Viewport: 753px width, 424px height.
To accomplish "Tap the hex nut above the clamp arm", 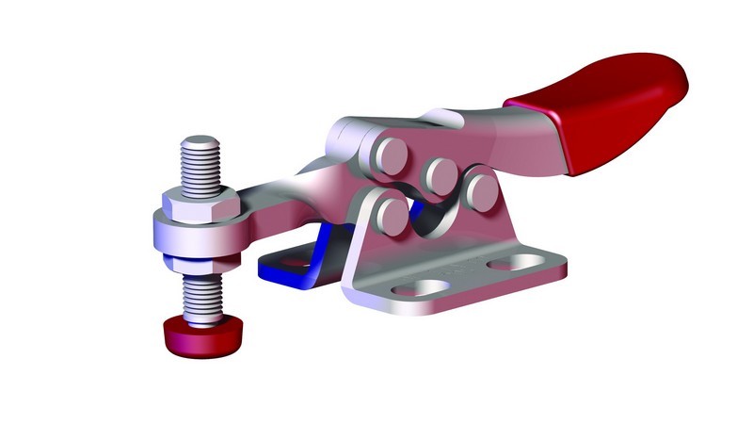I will [200, 203].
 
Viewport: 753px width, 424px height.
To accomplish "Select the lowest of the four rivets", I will [391, 214].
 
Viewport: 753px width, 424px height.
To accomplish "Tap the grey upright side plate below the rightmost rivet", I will [489, 236].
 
